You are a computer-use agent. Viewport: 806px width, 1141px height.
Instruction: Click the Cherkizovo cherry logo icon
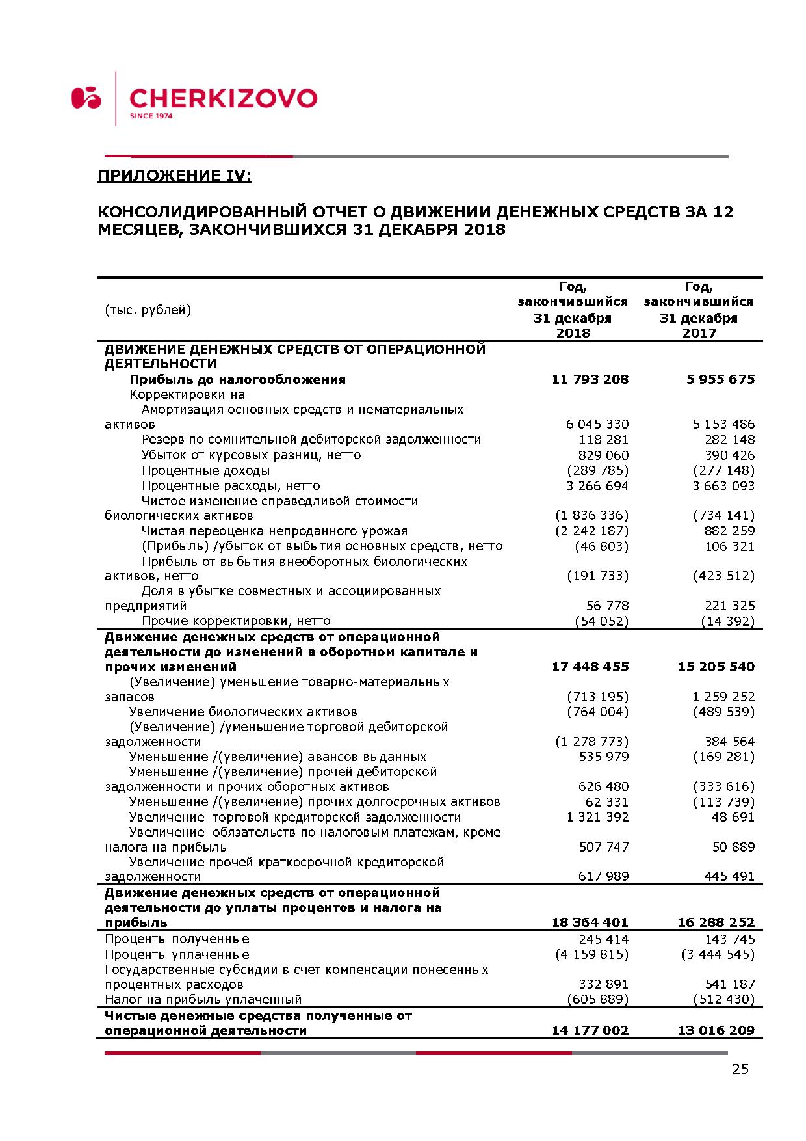tap(86, 98)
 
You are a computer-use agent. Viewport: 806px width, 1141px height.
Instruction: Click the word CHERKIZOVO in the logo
tap(223, 98)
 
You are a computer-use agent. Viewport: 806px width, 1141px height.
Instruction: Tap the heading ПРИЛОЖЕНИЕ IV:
tap(174, 176)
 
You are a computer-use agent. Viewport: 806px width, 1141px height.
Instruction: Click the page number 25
tap(740, 1069)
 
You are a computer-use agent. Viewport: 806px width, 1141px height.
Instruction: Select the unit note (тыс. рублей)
tap(148, 310)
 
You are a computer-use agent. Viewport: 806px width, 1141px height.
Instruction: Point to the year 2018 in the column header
tap(573, 333)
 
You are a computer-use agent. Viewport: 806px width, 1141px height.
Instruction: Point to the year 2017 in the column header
tap(699, 333)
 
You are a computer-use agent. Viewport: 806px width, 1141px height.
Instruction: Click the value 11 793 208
tap(590, 379)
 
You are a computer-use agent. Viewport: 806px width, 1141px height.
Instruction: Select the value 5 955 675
tap(720, 379)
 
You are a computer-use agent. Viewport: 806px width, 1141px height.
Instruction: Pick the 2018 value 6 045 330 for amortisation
tap(597, 424)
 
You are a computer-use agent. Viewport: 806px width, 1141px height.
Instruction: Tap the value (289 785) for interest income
tap(597, 470)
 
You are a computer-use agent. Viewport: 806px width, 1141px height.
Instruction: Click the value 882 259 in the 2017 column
tap(729, 531)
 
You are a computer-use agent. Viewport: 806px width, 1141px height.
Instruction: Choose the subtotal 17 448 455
tap(590, 667)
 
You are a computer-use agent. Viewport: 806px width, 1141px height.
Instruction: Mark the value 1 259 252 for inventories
tap(723, 697)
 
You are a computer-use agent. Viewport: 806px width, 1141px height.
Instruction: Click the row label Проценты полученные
tap(177, 939)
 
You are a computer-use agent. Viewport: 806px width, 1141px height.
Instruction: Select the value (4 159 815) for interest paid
tap(591, 954)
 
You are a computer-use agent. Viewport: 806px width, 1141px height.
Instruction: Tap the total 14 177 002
tap(590, 1030)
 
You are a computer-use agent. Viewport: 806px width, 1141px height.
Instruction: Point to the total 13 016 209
tap(716, 1030)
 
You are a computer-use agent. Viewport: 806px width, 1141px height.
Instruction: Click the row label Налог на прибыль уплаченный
tap(203, 999)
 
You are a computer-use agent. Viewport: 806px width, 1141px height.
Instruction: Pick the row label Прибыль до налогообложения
tap(237, 379)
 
